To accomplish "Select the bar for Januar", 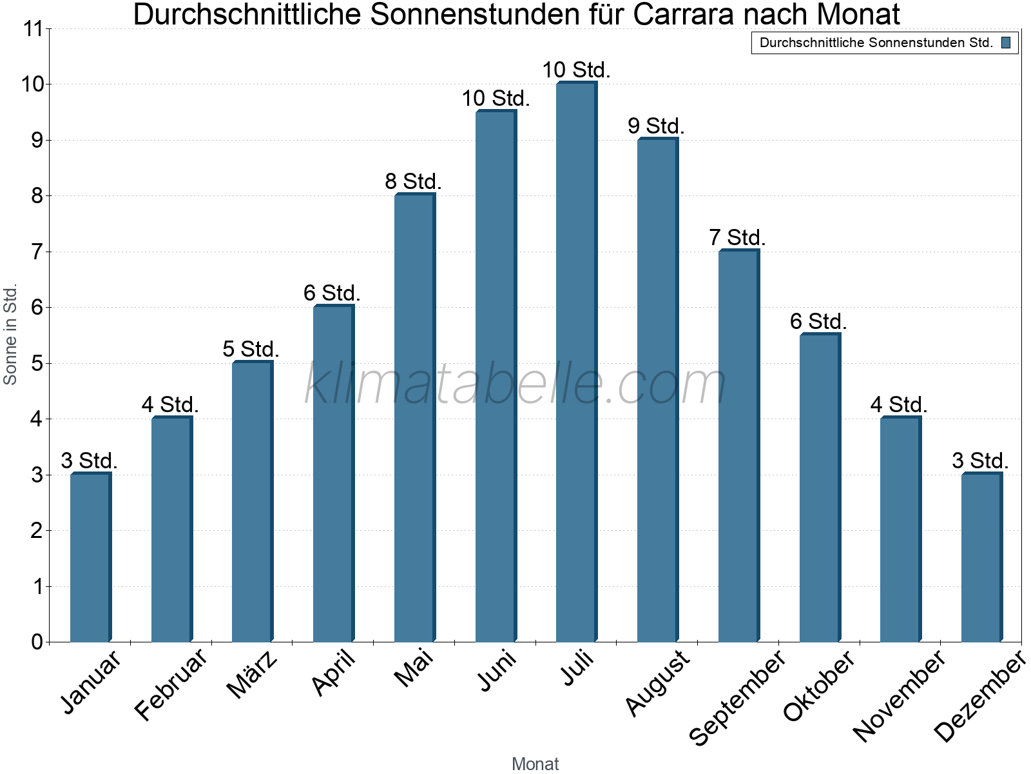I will tap(90, 558).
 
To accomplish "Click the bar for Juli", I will tap(576, 361).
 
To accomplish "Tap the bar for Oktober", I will tap(820, 488).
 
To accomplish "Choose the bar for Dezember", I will tap(981, 558).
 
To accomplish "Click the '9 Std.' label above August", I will tap(656, 126).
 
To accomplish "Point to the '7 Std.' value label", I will tap(737, 238).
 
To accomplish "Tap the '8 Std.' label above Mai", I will tap(413, 182).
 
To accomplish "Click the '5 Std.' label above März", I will tap(251, 350).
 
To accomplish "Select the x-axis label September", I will tap(737, 697).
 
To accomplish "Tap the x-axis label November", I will tap(900, 696).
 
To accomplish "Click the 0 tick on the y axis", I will tap(37, 642).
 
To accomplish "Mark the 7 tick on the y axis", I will tap(37, 252).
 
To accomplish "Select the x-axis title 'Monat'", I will tap(535, 764).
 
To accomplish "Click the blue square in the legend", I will tap(1006, 43).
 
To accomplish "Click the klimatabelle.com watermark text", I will tap(515, 384).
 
